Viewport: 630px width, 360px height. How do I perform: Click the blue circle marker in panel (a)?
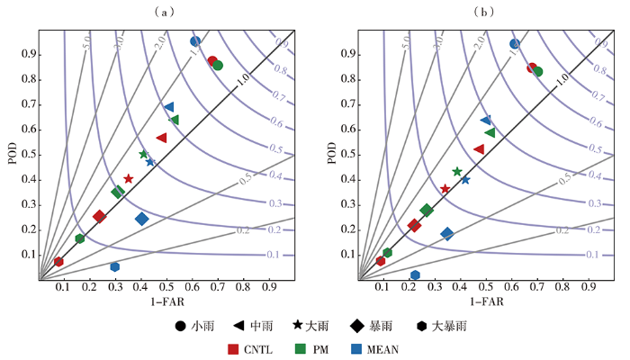(x=195, y=41)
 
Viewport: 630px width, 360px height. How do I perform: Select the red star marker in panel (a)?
(x=129, y=179)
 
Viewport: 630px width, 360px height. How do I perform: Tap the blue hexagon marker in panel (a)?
(x=115, y=266)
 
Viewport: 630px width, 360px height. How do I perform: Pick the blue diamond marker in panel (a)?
(x=141, y=219)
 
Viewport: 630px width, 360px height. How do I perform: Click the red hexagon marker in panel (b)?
(x=381, y=261)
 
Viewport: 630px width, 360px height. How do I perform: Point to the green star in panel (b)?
(x=457, y=171)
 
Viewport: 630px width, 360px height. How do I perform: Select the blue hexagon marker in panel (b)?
(x=415, y=275)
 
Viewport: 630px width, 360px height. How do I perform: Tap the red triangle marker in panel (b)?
(x=479, y=149)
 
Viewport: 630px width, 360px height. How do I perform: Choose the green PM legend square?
(x=301, y=348)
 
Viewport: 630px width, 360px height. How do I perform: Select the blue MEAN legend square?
(x=355, y=348)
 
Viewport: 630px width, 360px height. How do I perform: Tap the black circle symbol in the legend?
(x=181, y=325)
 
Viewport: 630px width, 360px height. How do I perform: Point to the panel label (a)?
(x=163, y=12)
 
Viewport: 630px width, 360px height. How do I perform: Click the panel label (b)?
(x=485, y=12)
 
